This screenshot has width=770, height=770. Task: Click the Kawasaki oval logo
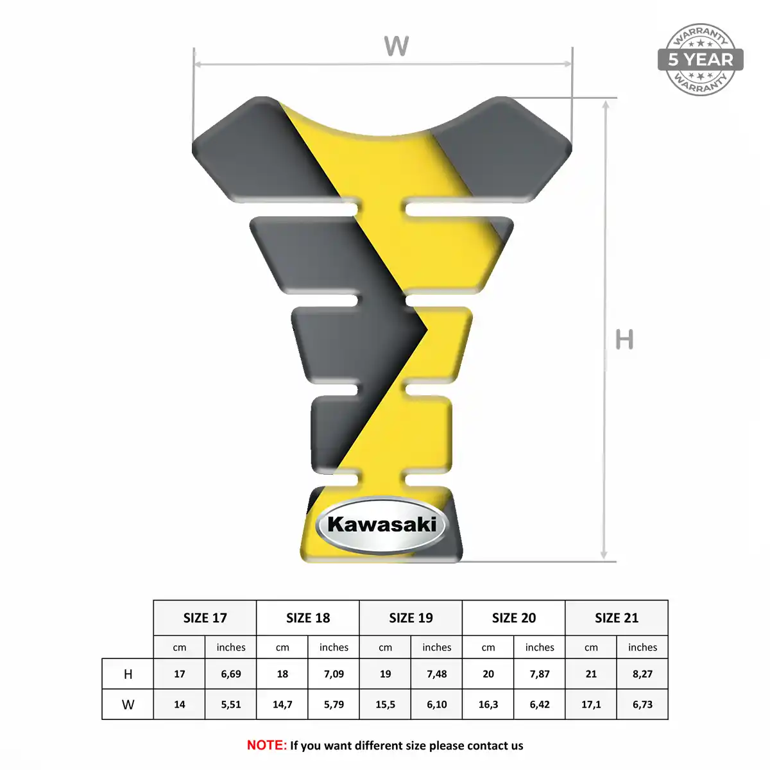coord(382,525)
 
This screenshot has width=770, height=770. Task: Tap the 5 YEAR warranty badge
coord(701,60)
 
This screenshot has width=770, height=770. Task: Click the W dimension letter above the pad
coord(397,46)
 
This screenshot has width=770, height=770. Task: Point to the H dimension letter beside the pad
coord(624,339)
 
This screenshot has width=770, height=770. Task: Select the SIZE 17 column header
coord(205,618)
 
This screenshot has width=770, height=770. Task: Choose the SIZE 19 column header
coord(411,618)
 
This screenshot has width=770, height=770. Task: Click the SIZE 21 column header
coord(617,618)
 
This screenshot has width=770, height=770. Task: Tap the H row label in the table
coord(128,674)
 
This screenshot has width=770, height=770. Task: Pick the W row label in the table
coord(128,705)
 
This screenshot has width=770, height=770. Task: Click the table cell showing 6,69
coord(231,674)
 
